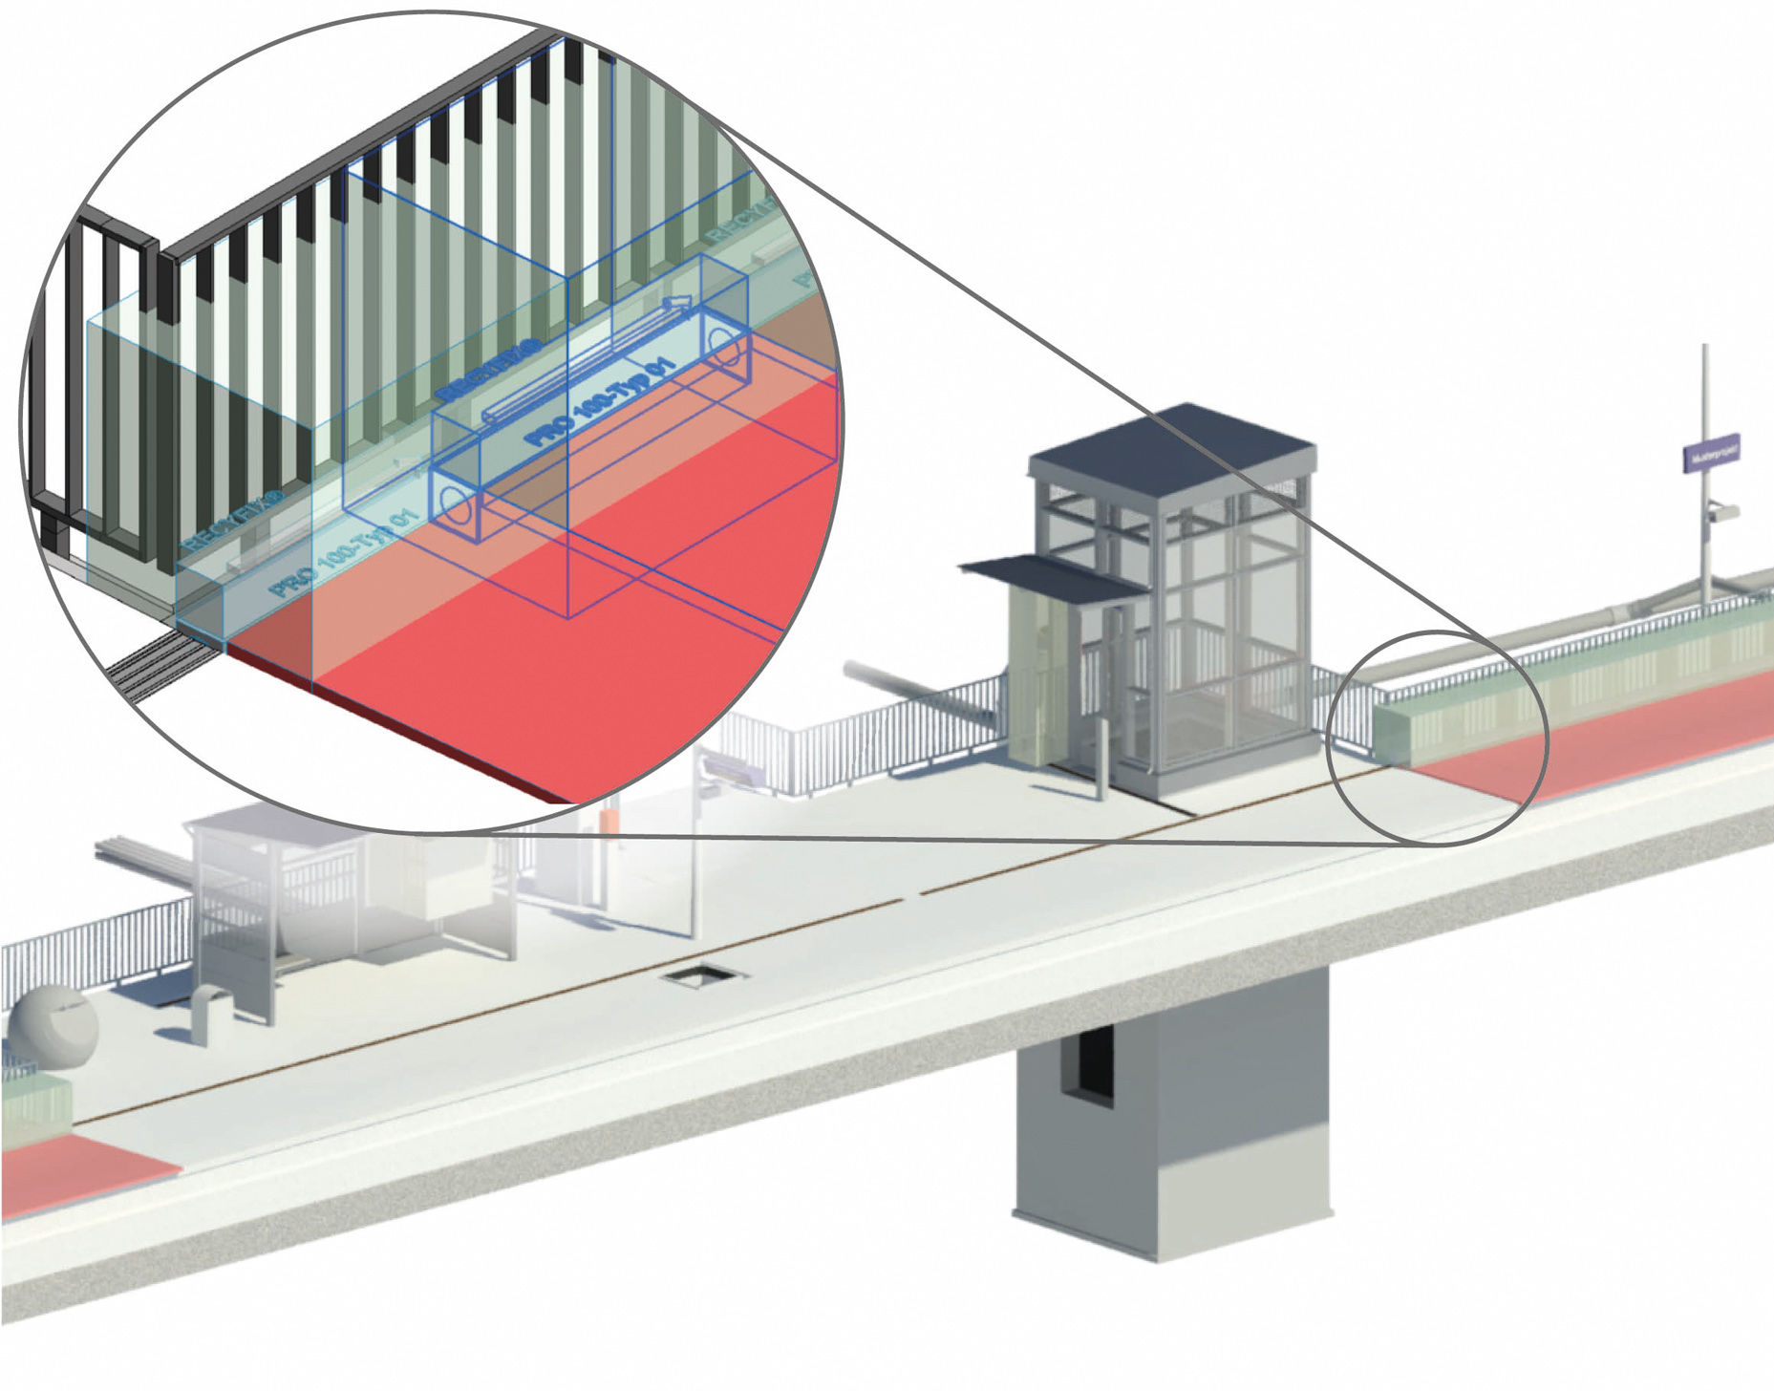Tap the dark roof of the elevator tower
[x=1173, y=449]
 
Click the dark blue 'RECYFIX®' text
[x=488, y=368]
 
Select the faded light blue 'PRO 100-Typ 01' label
[x=344, y=554]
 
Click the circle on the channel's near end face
[x=457, y=506]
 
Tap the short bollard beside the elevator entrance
[x=1101, y=760]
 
